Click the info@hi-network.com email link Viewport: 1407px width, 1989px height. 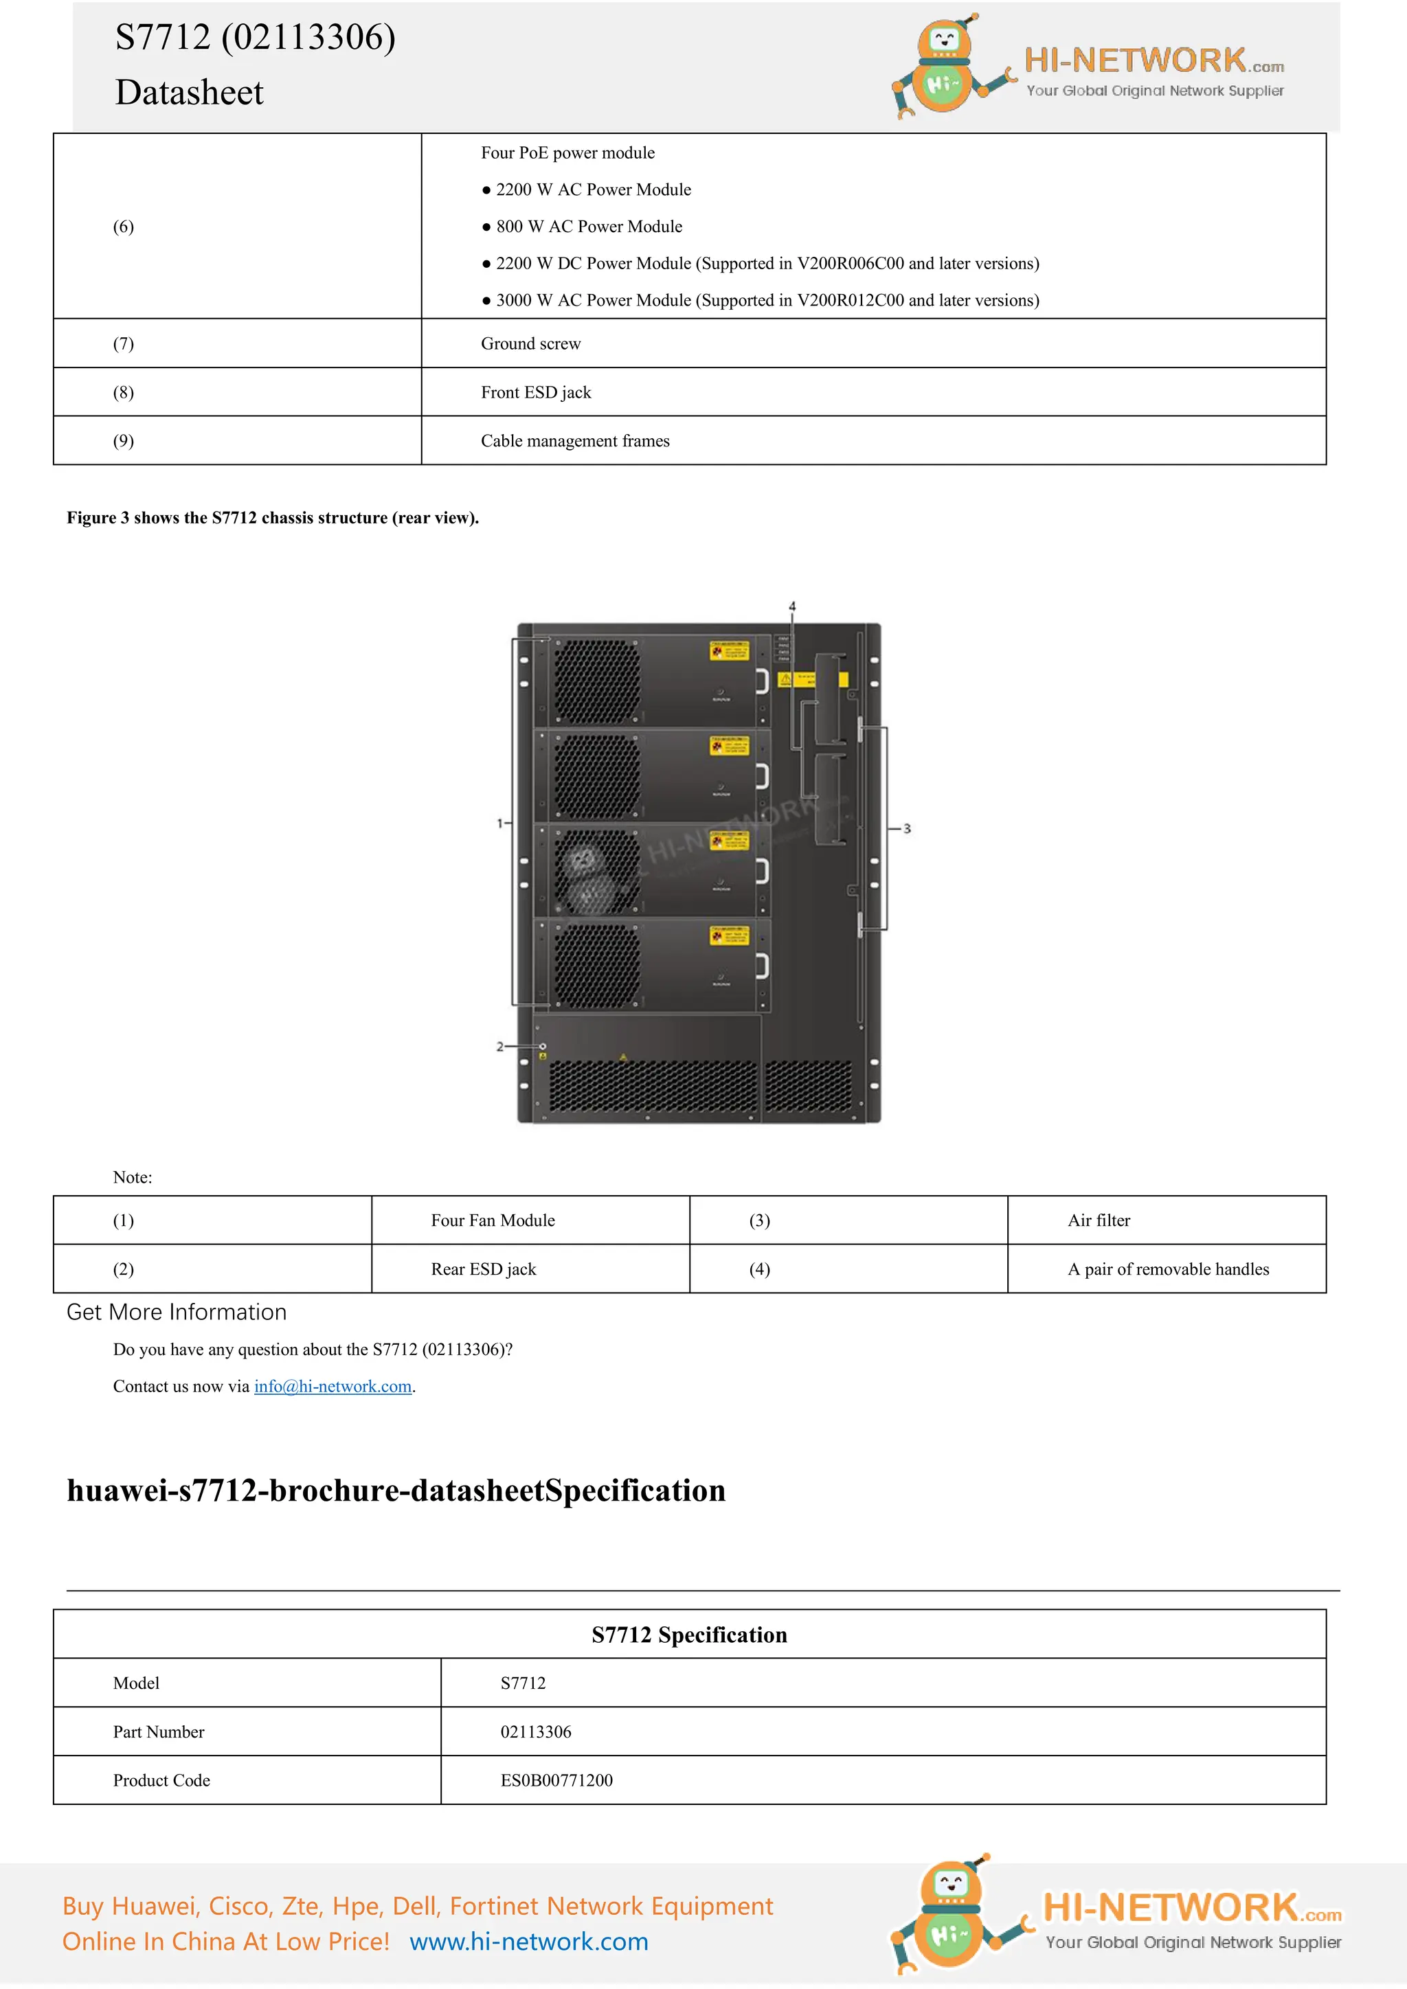click(x=333, y=1386)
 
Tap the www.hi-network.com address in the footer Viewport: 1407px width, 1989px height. click(x=528, y=1942)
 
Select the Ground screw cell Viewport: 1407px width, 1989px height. click(x=530, y=344)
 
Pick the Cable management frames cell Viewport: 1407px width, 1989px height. click(x=575, y=441)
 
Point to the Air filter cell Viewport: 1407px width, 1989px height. click(x=1099, y=1220)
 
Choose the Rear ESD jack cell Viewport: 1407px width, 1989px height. click(x=484, y=1269)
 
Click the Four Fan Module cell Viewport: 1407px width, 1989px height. click(x=493, y=1220)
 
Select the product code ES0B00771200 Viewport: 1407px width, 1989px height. click(x=556, y=1780)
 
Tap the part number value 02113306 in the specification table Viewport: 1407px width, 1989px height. click(x=535, y=1731)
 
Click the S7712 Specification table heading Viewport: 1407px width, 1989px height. click(x=689, y=1635)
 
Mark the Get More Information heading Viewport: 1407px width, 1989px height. click(x=177, y=1312)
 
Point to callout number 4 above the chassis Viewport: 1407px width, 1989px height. click(x=792, y=606)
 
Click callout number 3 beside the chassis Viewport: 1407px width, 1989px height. click(x=907, y=829)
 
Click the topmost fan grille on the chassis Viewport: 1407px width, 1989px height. click(x=597, y=681)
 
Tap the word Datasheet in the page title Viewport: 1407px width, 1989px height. click(x=189, y=93)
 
